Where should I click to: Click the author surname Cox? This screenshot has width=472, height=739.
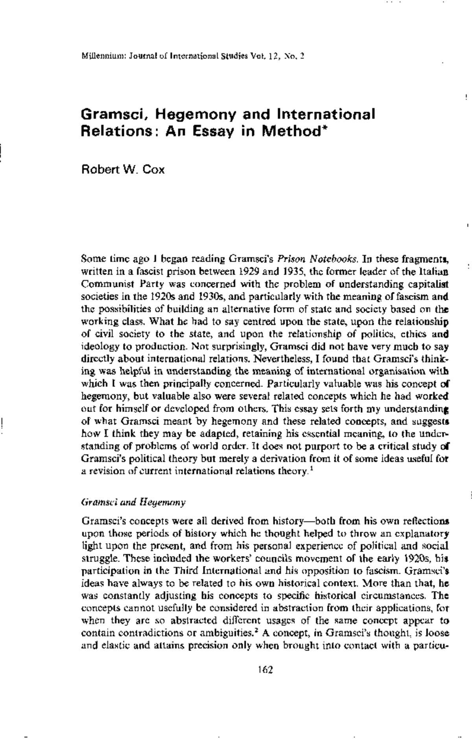pyautogui.click(x=151, y=170)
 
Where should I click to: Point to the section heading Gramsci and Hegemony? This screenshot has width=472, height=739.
pyautogui.click(x=133, y=502)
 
